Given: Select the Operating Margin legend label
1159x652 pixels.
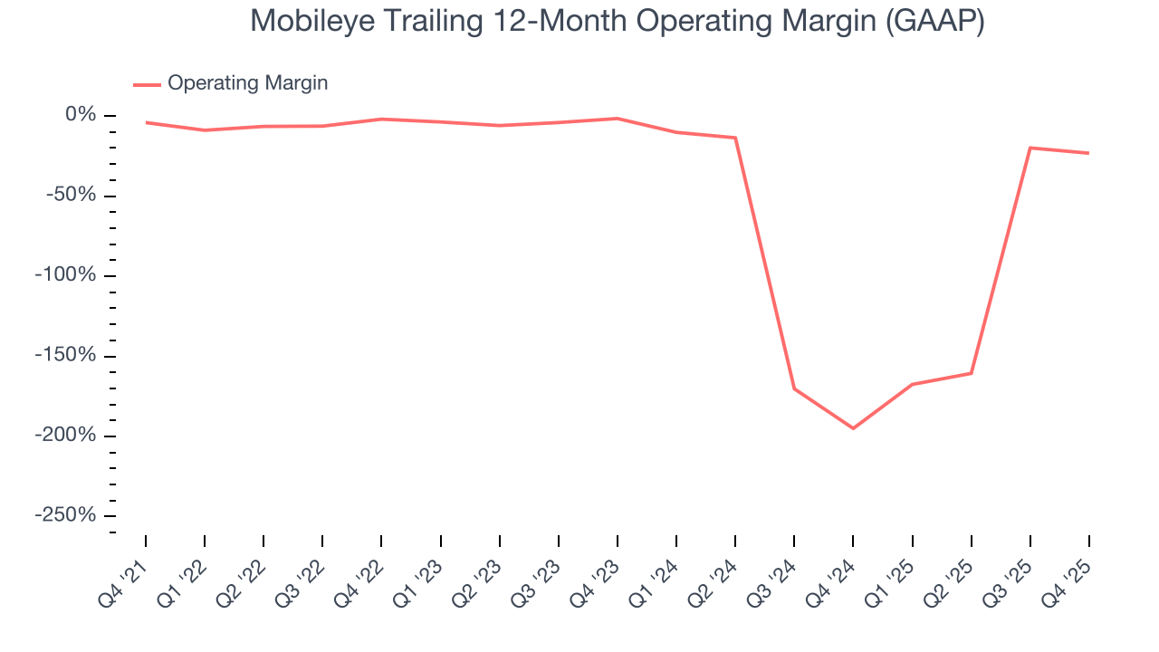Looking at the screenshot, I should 247,83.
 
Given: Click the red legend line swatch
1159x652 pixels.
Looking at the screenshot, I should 147,84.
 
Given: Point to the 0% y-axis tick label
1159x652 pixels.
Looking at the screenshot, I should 81,115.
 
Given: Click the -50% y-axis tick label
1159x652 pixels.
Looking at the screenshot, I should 72,196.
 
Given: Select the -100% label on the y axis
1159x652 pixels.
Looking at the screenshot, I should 65,275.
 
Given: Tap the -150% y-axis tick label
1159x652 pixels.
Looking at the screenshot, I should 65,355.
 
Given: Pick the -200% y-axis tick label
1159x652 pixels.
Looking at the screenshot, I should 65,436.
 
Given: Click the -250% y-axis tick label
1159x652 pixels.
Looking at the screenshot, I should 65,515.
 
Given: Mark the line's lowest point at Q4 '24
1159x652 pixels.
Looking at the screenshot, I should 853,428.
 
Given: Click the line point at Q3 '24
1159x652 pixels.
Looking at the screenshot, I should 794,388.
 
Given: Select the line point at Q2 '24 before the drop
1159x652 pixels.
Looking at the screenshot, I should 735,138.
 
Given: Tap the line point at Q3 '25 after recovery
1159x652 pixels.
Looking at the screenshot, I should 1030,148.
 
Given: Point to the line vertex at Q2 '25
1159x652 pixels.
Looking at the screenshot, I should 971,373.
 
